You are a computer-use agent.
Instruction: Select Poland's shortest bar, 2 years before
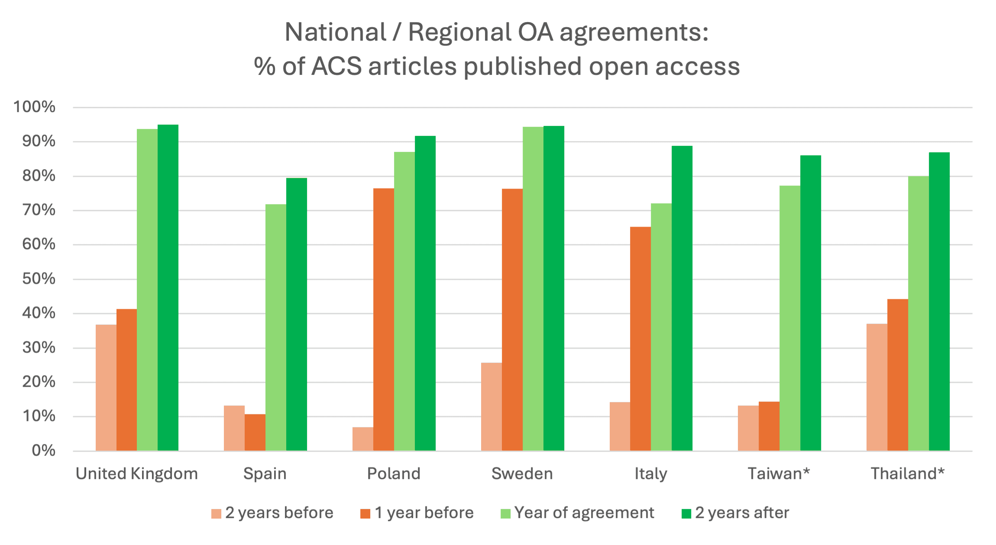[x=362, y=439]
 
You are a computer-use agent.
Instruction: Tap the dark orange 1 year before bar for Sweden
[x=512, y=320]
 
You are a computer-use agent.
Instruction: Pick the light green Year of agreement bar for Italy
[x=661, y=327]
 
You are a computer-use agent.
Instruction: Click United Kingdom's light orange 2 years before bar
[x=106, y=388]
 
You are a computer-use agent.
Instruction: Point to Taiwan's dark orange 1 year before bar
[x=769, y=426]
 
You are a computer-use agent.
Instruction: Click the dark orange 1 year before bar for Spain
[x=255, y=433]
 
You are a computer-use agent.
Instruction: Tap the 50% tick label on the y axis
[x=39, y=279]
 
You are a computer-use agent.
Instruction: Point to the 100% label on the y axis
[x=34, y=107]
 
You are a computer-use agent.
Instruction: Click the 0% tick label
[x=43, y=451]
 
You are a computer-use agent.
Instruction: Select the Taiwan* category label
[x=779, y=474]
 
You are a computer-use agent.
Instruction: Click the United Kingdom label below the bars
[x=136, y=474]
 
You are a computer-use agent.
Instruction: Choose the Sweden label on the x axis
[x=522, y=474]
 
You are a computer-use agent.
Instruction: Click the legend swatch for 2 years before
[x=216, y=513]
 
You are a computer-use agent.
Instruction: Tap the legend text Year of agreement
[x=584, y=513]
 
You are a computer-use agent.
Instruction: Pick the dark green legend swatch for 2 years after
[x=686, y=513]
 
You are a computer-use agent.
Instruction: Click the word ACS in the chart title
[x=336, y=67]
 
